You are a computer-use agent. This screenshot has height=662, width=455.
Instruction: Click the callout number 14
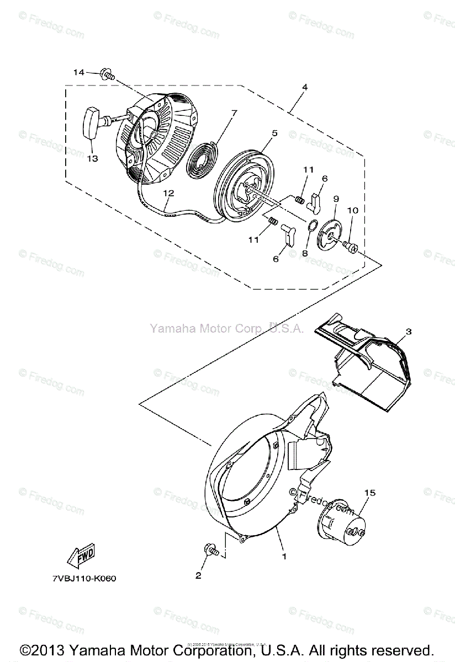pos(78,72)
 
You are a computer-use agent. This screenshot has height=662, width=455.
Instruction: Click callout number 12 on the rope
pos(168,194)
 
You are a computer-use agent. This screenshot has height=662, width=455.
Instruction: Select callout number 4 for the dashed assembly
pos(304,87)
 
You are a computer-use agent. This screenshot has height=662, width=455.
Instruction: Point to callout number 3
pos(408,332)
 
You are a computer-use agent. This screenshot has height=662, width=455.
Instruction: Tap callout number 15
pos(368,492)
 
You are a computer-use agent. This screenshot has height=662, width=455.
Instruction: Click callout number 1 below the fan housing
pos(284,556)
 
